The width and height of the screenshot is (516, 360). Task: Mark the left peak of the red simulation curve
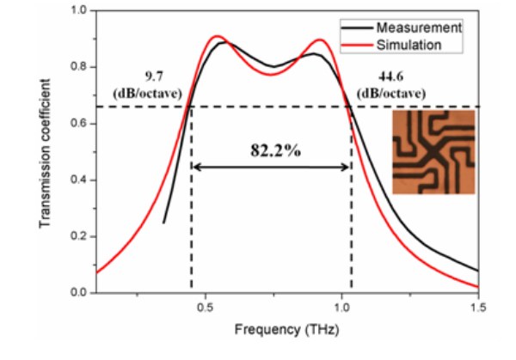pos(217,36)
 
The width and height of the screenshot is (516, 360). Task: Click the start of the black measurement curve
pos(163,223)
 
